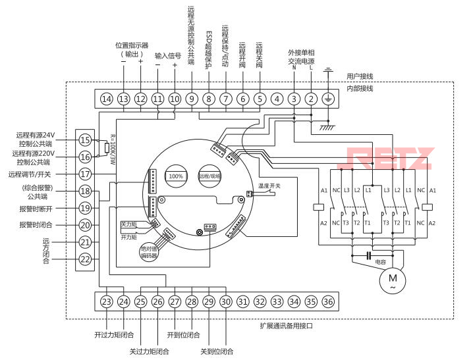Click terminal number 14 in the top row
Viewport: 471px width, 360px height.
107,99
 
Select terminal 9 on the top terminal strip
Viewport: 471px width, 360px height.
191,99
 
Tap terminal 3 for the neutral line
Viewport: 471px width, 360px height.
294,99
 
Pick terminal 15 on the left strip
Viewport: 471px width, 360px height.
85,140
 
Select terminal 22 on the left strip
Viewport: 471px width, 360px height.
85,259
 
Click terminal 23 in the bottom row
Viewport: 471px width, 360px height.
107,301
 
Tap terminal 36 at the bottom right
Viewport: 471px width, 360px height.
328,301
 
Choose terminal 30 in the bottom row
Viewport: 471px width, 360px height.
225,301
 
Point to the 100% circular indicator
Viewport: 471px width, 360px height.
176,176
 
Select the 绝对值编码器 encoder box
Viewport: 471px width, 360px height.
149,253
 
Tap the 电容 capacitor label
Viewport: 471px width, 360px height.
380,262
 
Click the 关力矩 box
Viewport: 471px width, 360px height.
129,224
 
